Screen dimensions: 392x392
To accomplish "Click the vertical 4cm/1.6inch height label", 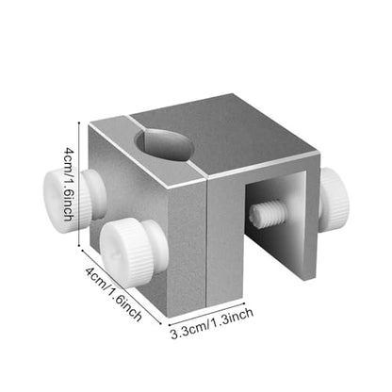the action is click(x=69, y=184).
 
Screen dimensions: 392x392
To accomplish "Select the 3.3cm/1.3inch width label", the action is click(x=212, y=323).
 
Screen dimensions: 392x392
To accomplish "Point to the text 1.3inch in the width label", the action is click(x=233, y=318).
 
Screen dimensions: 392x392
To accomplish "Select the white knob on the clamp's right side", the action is click(x=334, y=193).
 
